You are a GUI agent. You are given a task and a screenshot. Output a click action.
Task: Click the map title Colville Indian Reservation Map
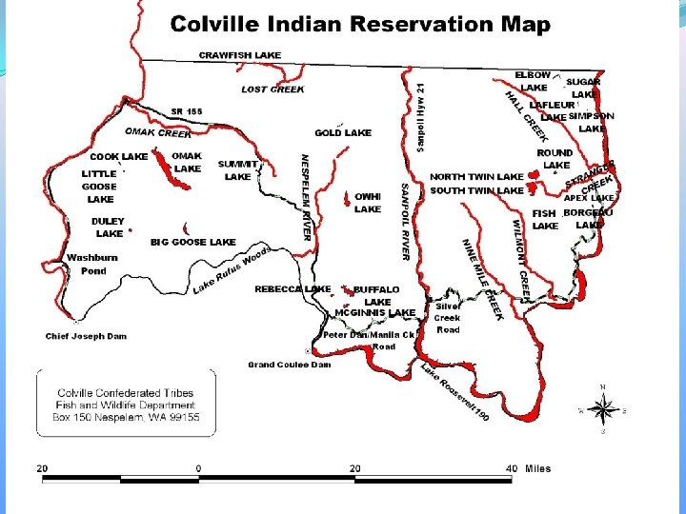click(x=360, y=25)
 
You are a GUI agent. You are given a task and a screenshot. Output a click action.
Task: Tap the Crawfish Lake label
click(x=239, y=55)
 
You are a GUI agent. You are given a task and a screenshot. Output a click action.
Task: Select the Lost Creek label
click(x=272, y=89)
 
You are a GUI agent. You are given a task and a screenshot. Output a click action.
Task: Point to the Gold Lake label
click(x=343, y=133)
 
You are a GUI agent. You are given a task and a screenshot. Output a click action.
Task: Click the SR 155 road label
click(x=187, y=111)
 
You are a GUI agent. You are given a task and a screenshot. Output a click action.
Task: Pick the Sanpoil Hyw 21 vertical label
click(x=420, y=116)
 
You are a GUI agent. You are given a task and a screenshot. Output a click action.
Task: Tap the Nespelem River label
click(x=306, y=197)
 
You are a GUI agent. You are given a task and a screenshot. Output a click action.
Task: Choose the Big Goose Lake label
click(x=192, y=243)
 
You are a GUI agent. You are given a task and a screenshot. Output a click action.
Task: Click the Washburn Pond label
click(x=92, y=265)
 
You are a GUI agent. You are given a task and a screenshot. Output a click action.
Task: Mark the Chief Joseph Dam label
click(x=86, y=336)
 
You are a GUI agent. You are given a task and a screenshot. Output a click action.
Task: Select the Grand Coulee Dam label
click(x=289, y=365)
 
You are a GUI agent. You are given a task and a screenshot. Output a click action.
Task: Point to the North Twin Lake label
click(x=476, y=177)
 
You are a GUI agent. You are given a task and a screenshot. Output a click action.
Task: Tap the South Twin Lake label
click(x=476, y=190)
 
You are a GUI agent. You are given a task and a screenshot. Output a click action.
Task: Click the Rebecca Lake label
click(x=293, y=288)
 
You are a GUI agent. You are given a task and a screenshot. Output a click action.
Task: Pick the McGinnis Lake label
click(x=374, y=312)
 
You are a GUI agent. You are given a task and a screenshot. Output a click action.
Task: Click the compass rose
click(x=602, y=409)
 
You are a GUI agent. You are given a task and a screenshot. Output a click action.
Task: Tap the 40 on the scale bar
click(x=512, y=468)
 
